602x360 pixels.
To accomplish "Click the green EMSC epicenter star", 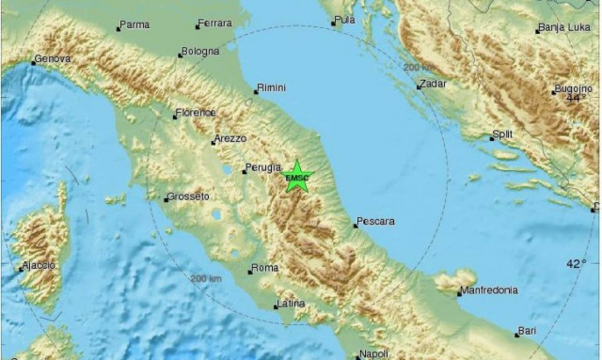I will click(x=297, y=177).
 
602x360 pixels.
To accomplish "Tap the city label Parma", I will click(x=135, y=25).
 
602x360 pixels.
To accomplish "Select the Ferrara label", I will click(x=214, y=24).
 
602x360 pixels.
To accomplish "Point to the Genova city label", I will click(x=52, y=59).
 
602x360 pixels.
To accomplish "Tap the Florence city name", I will click(x=197, y=113).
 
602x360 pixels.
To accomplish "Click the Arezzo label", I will click(x=230, y=139).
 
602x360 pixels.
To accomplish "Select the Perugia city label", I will click(x=263, y=167).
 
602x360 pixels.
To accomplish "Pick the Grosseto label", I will click(x=188, y=196).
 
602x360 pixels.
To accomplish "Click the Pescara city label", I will click(x=376, y=222).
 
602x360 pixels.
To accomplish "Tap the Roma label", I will click(x=266, y=268).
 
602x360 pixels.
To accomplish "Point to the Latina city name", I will click(x=290, y=304).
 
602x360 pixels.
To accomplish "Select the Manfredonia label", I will click(x=489, y=290).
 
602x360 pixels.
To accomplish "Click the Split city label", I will click(x=503, y=135).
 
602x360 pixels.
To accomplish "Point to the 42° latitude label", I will click(x=576, y=264).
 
